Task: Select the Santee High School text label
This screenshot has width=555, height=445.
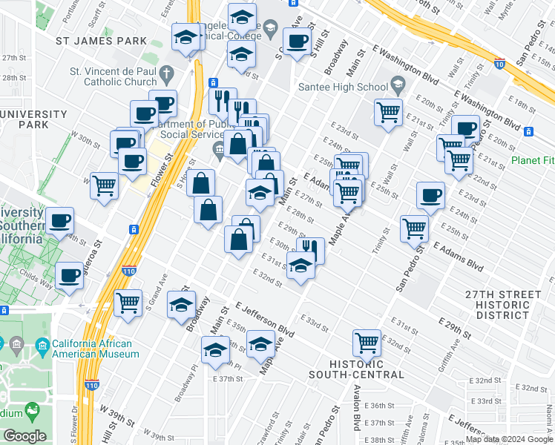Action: coord(342,87)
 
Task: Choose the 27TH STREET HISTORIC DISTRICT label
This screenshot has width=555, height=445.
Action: coord(503,305)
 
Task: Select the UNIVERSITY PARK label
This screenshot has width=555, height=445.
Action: coord(33,119)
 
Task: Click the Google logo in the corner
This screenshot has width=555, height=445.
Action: coord(24,436)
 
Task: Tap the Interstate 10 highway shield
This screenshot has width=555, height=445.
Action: coord(500,65)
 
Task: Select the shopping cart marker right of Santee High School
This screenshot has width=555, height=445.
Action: coord(388,113)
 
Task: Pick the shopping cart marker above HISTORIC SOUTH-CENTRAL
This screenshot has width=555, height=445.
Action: coord(367,342)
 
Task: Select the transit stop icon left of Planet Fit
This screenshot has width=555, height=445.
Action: coord(528,132)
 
